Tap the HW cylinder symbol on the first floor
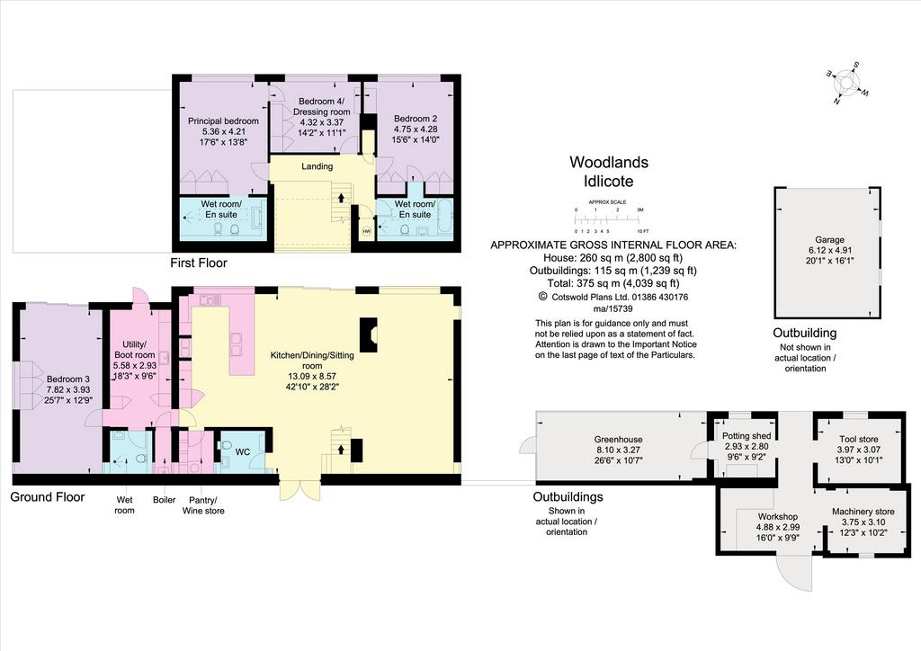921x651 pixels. click(367, 231)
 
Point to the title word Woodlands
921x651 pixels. click(609, 162)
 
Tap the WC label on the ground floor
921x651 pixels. click(243, 452)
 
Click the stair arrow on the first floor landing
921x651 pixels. click(341, 197)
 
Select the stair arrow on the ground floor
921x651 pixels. click(341, 449)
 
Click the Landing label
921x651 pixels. click(317, 166)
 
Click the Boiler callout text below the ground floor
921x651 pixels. click(164, 500)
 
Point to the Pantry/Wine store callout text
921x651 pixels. click(203, 504)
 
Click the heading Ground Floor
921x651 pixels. click(48, 497)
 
